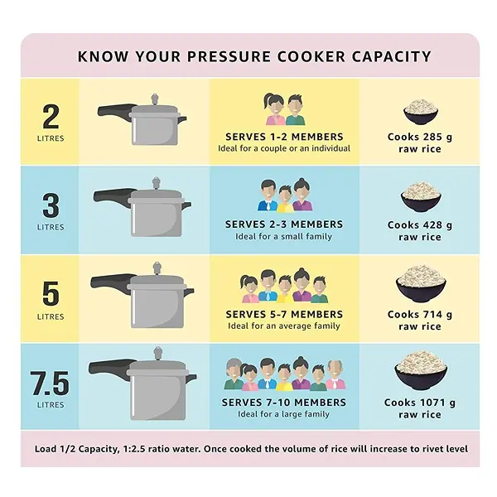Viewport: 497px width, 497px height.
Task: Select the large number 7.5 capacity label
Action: [50, 384]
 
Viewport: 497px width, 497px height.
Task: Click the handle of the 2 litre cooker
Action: [116, 110]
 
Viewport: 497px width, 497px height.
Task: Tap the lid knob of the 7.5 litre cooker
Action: [157, 353]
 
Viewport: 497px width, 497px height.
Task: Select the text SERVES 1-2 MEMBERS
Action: [284, 137]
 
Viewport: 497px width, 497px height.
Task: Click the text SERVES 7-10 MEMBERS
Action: [284, 403]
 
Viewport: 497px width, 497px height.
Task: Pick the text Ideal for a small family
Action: [284, 237]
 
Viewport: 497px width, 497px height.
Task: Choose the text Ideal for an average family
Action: [284, 326]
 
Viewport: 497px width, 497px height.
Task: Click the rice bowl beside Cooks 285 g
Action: [420, 113]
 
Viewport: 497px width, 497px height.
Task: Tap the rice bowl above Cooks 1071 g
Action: [420, 369]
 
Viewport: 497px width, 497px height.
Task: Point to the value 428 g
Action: [437, 225]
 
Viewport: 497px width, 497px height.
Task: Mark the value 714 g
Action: [437, 315]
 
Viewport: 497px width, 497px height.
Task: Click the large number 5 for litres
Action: [50, 294]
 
